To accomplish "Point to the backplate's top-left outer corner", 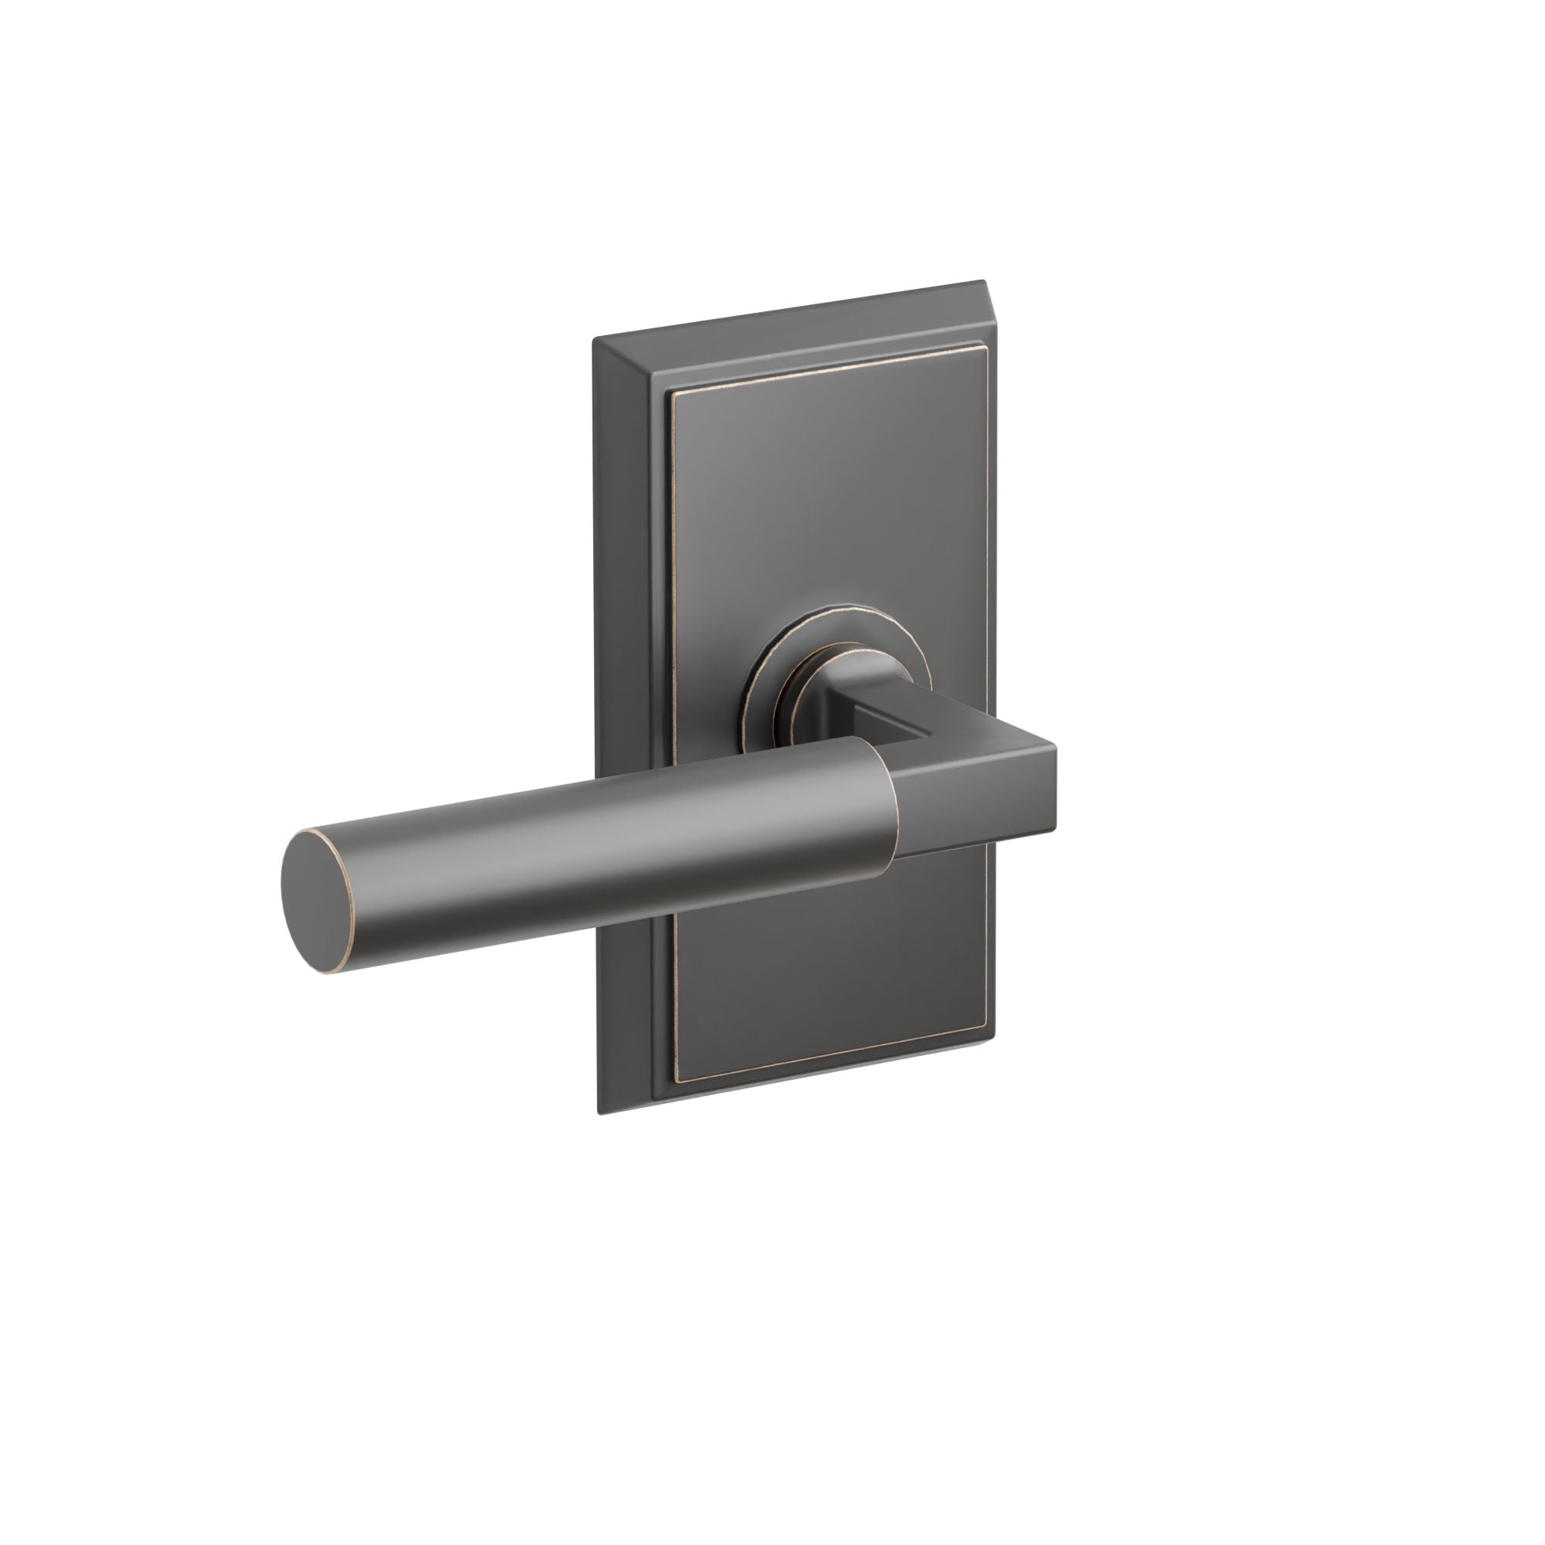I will coord(593,339).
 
